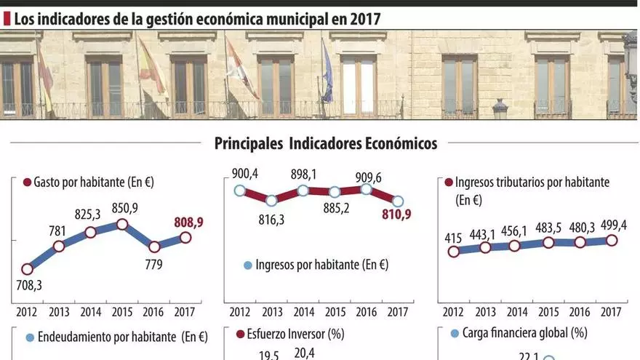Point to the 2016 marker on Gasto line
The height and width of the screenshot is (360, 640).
(153, 246)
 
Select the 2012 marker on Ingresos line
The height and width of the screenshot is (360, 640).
(240, 191)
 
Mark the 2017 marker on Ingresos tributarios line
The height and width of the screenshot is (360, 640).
(611, 241)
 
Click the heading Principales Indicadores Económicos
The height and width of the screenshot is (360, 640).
(325, 143)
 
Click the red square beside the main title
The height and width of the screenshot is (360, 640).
(7, 18)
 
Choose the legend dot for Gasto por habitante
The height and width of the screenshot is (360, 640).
(27, 182)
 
